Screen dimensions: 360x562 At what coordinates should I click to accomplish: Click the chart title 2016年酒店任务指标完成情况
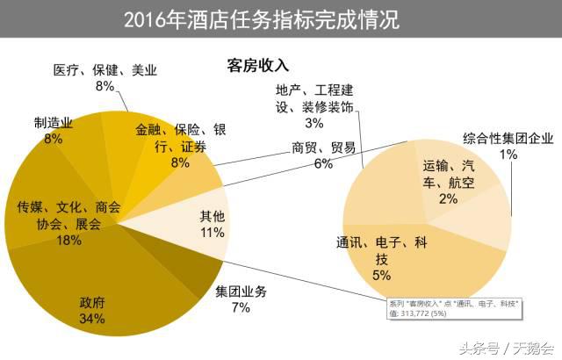coord(261,19)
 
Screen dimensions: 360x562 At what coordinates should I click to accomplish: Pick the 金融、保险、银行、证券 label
coord(180,145)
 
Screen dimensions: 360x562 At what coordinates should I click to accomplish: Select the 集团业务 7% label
coord(241,299)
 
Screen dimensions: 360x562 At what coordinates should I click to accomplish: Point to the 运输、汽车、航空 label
coord(448,181)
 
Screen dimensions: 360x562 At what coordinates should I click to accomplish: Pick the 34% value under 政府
coord(92,319)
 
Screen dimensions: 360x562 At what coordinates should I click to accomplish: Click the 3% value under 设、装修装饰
coord(313,123)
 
